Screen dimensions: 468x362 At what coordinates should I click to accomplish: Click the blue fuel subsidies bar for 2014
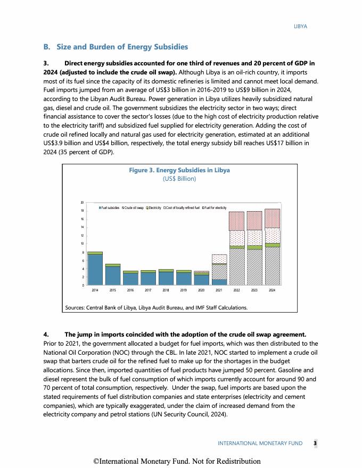(x=95, y=270)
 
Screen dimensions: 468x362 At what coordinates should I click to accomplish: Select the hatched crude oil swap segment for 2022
(x=236, y=267)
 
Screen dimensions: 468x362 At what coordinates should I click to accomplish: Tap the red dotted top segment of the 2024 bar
(x=272, y=218)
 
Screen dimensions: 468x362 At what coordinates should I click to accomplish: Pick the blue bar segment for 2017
(x=148, y=279)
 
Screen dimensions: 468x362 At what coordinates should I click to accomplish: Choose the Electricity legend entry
(x=153, y=207)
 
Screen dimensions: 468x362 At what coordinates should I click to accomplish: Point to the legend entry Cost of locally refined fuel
(x=181, y=207)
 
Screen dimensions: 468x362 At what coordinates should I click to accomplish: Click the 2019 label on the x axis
(x=183, y=290)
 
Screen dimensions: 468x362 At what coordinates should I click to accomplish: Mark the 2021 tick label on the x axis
(x=219, y=290)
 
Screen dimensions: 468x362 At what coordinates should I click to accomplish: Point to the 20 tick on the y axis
(x=82, y=203)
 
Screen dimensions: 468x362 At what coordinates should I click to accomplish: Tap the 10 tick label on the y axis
(x=82, y=244)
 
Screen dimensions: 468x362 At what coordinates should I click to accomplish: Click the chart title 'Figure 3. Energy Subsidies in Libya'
(x=179, y=170)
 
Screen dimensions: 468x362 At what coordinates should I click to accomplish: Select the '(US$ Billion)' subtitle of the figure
(x=179, y=179)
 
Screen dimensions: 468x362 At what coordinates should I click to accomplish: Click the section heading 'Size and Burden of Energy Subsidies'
(x=121, y=47)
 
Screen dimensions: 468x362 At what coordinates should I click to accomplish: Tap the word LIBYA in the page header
(x=301, y=26)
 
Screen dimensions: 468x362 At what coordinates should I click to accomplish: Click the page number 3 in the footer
(x=315, y=443)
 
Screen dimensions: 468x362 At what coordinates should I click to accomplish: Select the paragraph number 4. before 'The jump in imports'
(x=46, y=335)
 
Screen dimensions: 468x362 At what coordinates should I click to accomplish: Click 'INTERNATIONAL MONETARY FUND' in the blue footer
(x=260, y=443)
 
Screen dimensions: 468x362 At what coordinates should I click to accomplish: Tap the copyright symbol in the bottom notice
(x=96, y=461)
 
